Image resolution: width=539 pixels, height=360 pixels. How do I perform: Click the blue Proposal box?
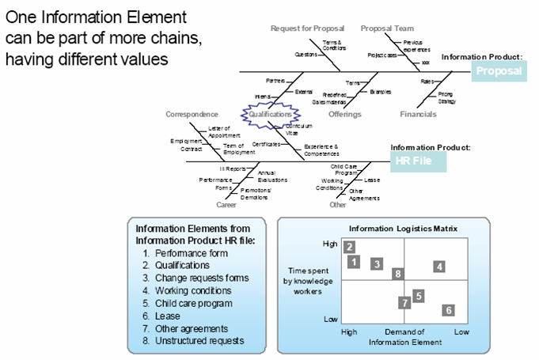click(499, 71)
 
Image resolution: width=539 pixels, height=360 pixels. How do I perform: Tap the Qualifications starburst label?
click(271, 115)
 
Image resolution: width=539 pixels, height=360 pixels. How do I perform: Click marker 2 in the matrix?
click(350, 247)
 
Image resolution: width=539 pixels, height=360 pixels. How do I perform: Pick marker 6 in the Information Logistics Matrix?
click(448, 310)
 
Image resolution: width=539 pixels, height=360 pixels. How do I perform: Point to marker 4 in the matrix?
click(439, 267)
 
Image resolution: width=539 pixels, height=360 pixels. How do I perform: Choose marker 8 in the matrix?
click(398, 274)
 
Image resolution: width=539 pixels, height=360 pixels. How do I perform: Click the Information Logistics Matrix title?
click(403, 229)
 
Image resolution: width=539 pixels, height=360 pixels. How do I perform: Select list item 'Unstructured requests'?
click(194, 341)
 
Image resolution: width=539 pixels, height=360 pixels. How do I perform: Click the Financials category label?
click(418, 115)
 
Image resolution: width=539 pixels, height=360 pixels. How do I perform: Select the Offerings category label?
click(345, 115)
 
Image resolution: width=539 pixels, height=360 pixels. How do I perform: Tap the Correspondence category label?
click(192, 115)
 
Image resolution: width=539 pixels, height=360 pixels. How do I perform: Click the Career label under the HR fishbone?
click(226, 205)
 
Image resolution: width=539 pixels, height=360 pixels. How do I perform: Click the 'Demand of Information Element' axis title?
click(404, 336)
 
